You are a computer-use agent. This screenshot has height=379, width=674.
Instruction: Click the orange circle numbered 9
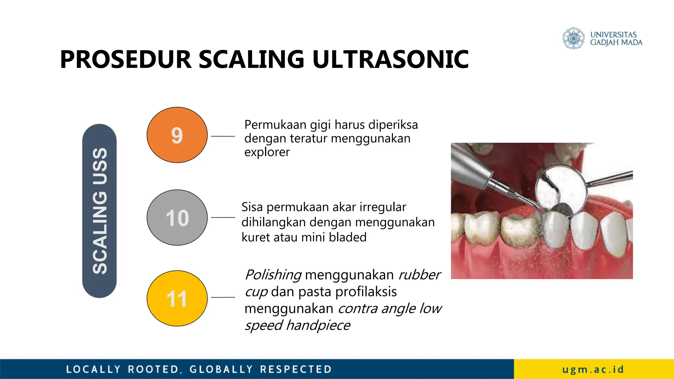(x=177, y=135)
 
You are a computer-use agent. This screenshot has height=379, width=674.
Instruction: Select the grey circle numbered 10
(x=177, y=217)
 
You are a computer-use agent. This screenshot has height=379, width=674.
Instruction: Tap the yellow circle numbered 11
(x=177, y=298)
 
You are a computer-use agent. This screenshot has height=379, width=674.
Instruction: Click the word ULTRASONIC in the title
(x=390, y=60)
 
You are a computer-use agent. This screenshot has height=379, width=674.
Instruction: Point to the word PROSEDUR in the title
(x=126, y=60)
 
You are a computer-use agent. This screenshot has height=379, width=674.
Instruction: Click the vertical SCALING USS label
(x=99, y=211)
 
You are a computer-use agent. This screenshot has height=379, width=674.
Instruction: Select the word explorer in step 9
(x=267, y=152)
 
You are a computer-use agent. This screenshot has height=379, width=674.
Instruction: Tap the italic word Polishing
(x=273, y=275)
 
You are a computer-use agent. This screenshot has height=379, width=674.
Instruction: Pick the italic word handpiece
(x=318, y=325)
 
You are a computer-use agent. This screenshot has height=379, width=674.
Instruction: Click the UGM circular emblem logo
(x=573, y=38)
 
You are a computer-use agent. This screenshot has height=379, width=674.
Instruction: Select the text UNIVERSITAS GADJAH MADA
(x=616, y=38)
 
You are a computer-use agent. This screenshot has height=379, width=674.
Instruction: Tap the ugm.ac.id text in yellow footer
(x=593, y=369)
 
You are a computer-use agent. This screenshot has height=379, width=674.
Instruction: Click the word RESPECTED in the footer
(x=296, y=369)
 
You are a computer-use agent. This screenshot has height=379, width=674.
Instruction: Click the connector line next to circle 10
(x=223, y=217)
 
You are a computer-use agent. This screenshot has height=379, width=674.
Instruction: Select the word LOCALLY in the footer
(x=93, y=369)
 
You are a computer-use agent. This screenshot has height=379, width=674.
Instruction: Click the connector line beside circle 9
(x=223, y=136)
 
